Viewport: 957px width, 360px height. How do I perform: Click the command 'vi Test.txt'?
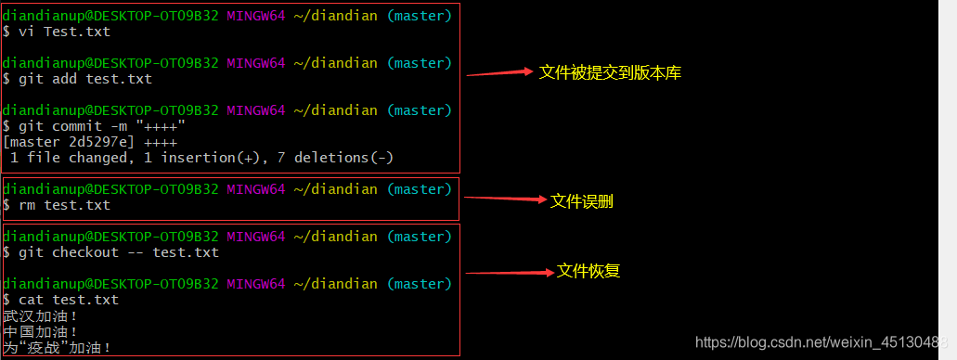[64, 32]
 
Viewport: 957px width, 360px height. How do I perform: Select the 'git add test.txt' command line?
[85, 79]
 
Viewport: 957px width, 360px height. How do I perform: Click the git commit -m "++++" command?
[102, 126]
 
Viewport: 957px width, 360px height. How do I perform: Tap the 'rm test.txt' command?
[64, 205]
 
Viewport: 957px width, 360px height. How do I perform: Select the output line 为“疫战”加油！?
[58, 348]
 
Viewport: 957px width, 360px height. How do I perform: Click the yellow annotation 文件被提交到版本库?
[610, 72]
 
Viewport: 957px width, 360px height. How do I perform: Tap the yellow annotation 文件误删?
[582, 200]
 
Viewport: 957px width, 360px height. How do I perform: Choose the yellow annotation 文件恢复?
[588, 271]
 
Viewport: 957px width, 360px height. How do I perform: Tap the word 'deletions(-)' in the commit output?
[343, 158]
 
